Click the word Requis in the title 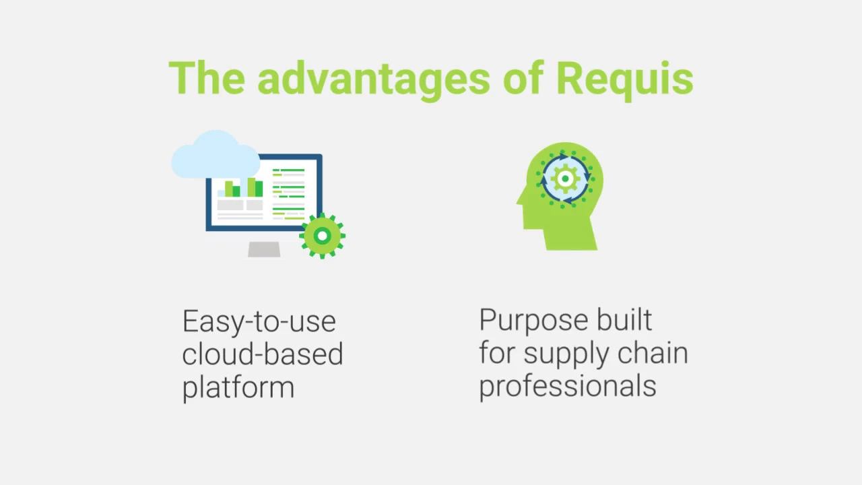click(624, 79)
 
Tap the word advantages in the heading click(374, 79)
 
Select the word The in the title click(207, 77)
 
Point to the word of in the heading click(523, 77)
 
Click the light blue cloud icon click(215, 155)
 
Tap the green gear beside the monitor click(323, 236)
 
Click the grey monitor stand click(264, 249)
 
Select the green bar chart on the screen click(244, 187)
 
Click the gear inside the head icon click(565, 179)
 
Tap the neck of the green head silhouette click(570, 239)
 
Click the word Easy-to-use click(259, 322)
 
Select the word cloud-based click(263, 354)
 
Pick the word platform click(238, 387)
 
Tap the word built click(624, 319)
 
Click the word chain click(653, 352)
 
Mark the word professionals click(568, 387)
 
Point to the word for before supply click(497, 352)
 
